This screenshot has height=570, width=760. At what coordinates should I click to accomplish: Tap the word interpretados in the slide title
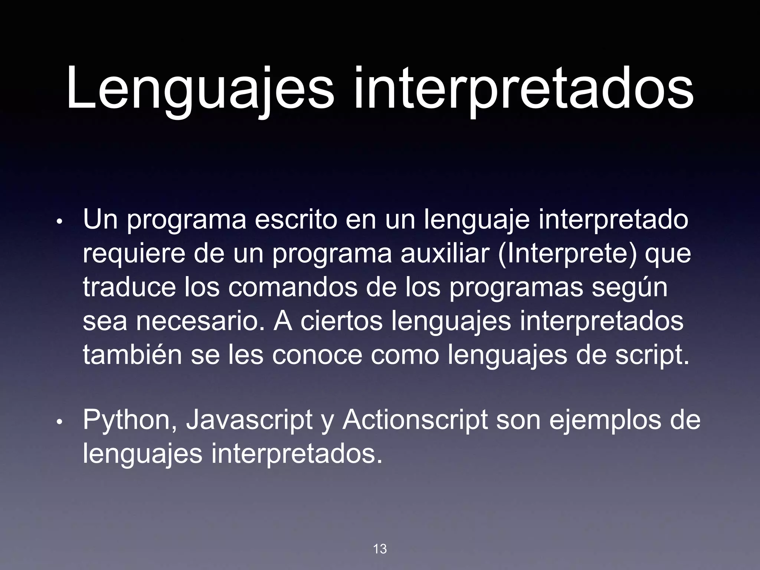pyautogui.click(x=523, y=89)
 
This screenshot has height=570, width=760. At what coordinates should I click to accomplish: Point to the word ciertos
pyautogui.click(x=341, y=321)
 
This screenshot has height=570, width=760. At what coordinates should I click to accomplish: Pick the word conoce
pyautogui.click(x=317, y=355)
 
